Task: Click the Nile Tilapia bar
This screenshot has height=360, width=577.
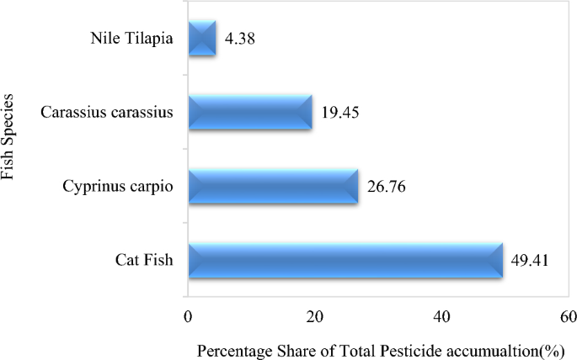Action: click(x=202, y=39)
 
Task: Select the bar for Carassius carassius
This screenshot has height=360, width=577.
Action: click(x=250, y=112)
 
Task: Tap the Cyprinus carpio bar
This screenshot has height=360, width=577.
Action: click(x=273, y=186)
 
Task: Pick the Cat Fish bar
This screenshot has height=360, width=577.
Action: click(x=345, y=260)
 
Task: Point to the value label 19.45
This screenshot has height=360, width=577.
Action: click(x=339, y=113)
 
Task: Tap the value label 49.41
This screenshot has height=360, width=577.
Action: click(x=530, y=260)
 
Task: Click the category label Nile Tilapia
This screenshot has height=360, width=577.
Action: click(x=131, y=39)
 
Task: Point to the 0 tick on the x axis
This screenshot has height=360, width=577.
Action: click(x=188, y=317)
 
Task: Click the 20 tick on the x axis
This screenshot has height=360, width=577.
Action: click(x=314, y=317)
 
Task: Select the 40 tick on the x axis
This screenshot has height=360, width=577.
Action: click(x=441, y=317)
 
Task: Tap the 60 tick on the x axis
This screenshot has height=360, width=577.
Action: click(x=569, y=317)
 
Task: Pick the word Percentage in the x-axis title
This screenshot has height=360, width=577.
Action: click(x=229, y=348)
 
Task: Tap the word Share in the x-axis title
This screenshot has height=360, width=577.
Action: click(x=284, y=348)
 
